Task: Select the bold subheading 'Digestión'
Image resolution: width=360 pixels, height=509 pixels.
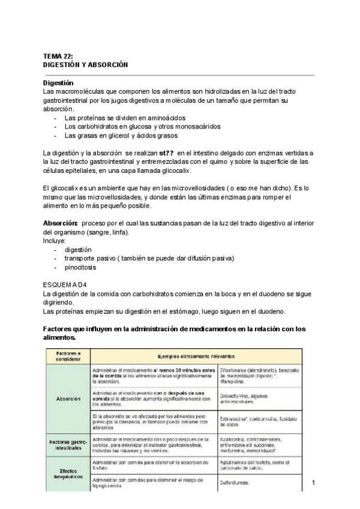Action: click(58, 82)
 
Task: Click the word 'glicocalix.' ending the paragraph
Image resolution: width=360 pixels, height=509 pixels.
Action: click(180, 170)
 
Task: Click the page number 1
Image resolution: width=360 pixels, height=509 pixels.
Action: click(314, 483)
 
